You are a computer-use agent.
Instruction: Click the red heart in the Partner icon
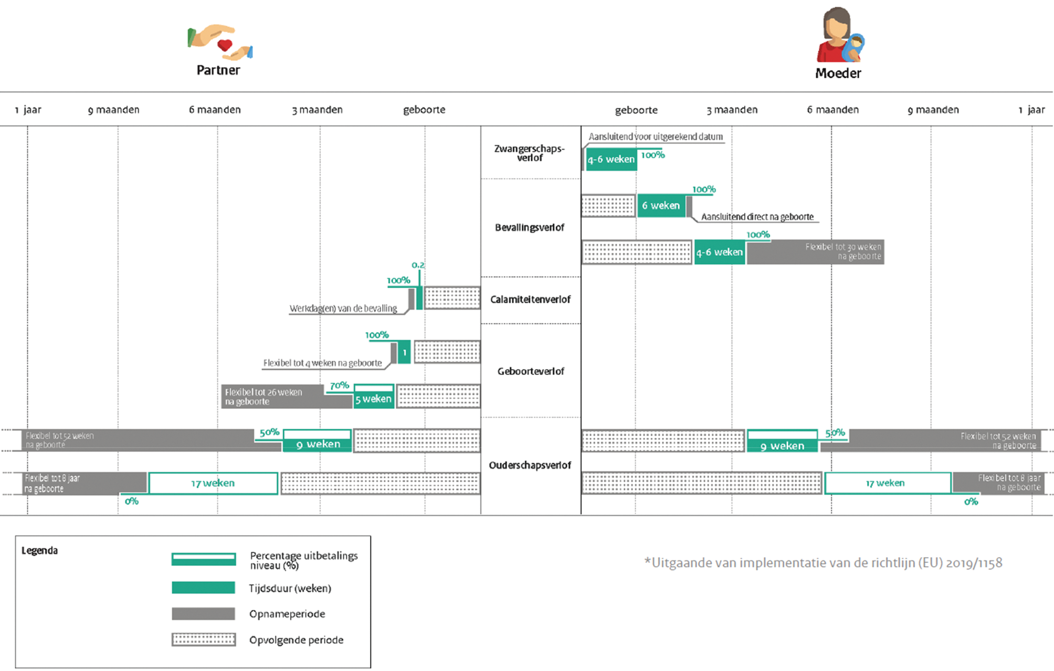pyautogui.click(x=225, y=45)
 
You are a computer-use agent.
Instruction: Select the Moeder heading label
pyautogui.click(x=838, y=73)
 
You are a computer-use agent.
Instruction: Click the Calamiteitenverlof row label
pyautogui.click(x=530, y=299)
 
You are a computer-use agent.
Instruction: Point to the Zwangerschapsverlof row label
pyautogui.click(x=530, y=153)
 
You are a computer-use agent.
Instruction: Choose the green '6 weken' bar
pyautogui.click(x=661, y=206)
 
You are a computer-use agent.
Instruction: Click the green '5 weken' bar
pyautogui.click(x=373, y=399)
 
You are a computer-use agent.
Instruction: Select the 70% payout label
pyautogui.click(x=339, y=385)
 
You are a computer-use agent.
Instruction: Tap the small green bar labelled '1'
pyautogui.click(x=404, y=352)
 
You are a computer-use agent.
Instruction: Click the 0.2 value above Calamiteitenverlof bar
pyautogui.click(x=418, y=265)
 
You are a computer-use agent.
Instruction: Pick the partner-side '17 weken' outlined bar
pyautogui.click(x=213, y=483)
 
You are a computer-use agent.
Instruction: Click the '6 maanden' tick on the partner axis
pyautogui.click(x=215, y=110)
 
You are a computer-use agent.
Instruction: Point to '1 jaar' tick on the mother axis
pyautogui.click(x=1031, y=110)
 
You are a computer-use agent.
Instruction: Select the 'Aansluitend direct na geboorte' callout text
pyautogui.click(x=757, y=217)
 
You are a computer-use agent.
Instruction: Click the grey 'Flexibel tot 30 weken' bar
pyautogui.click(x=815, y=252)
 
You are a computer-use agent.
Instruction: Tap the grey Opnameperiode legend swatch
pyautogui.click(x=203, y=614)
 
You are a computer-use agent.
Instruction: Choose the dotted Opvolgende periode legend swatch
pyautogui.click(x=203, y=639)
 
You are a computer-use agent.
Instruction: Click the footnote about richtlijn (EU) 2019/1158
pyautogui.click(x=823, y=563)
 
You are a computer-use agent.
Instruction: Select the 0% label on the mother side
pyautogui.click(x=971, y=502)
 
